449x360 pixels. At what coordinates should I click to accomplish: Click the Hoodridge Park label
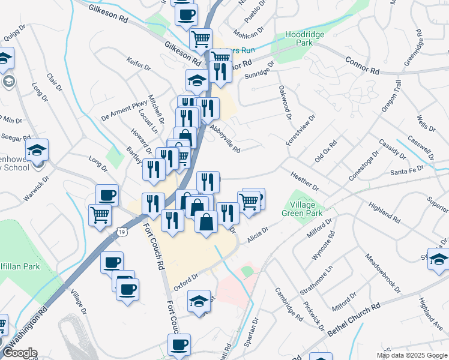(x=304, y=39)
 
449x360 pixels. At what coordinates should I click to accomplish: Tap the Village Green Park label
(x=303, y=209)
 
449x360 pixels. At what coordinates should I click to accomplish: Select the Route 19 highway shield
(x=122, y=231)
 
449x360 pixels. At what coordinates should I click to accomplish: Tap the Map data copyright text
(x=412, y=355)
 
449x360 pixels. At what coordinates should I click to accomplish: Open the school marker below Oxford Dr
(x=199, y=302)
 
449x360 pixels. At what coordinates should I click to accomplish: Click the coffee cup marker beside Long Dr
(x=107, y=195)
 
